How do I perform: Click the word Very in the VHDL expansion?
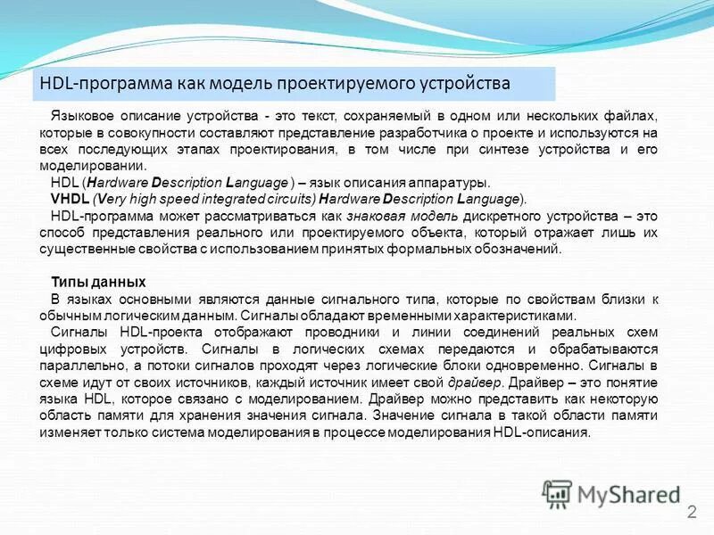pyautogui.click(x=117, y=198)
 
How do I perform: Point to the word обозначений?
pyautogui.click(x=523, y=249)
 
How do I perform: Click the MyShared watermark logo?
pyautogui.click(x=612, y=492)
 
